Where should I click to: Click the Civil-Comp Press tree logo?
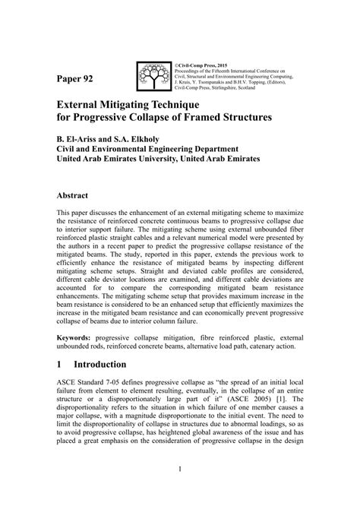156,74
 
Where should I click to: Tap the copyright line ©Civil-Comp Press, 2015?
204,63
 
